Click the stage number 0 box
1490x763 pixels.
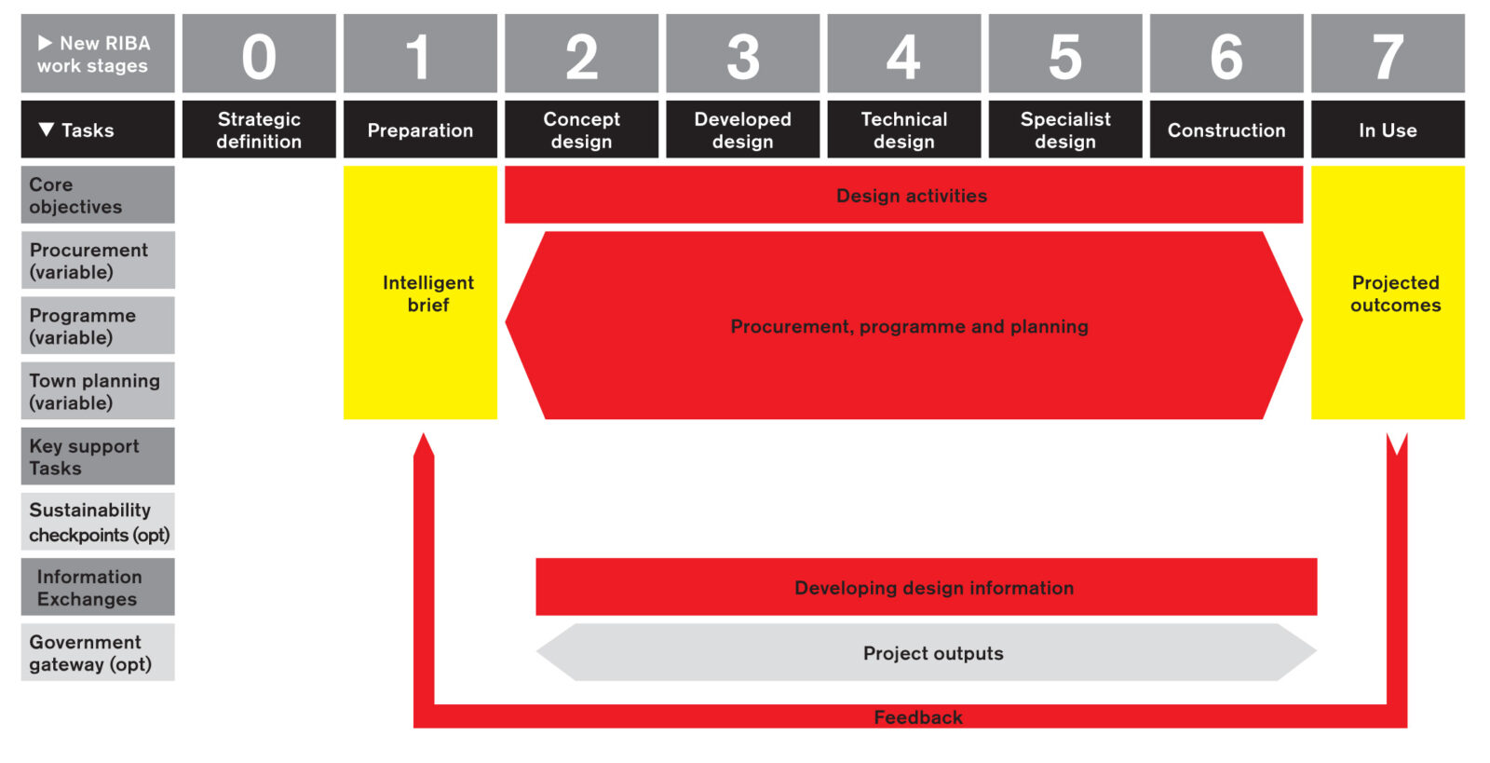pos(259,54)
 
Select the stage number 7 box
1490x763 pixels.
pos(1388,54)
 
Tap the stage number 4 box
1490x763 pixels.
pos(903,54)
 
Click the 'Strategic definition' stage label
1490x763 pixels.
pos(259,130)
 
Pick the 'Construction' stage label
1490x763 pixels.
pos(1226,130)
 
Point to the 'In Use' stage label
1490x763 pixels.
pos(1388,130)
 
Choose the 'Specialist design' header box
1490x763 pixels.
pos(1065,130)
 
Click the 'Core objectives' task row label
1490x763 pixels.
pos(98,195)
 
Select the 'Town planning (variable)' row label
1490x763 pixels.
pos(98,391)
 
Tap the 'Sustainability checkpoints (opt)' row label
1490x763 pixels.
pos(98,522)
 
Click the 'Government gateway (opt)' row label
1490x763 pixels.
pos(98,652)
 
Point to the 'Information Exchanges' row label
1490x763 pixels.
pos(98,587)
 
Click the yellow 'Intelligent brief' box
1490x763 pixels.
pos(420,293)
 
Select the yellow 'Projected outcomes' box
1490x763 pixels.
pos(1388,293)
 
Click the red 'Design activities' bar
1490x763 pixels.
pos(903,196)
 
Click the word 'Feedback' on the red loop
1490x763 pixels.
pos(918,717)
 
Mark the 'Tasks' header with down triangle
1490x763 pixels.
pos(98,130)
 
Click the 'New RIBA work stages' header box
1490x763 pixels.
pos(98,54)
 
